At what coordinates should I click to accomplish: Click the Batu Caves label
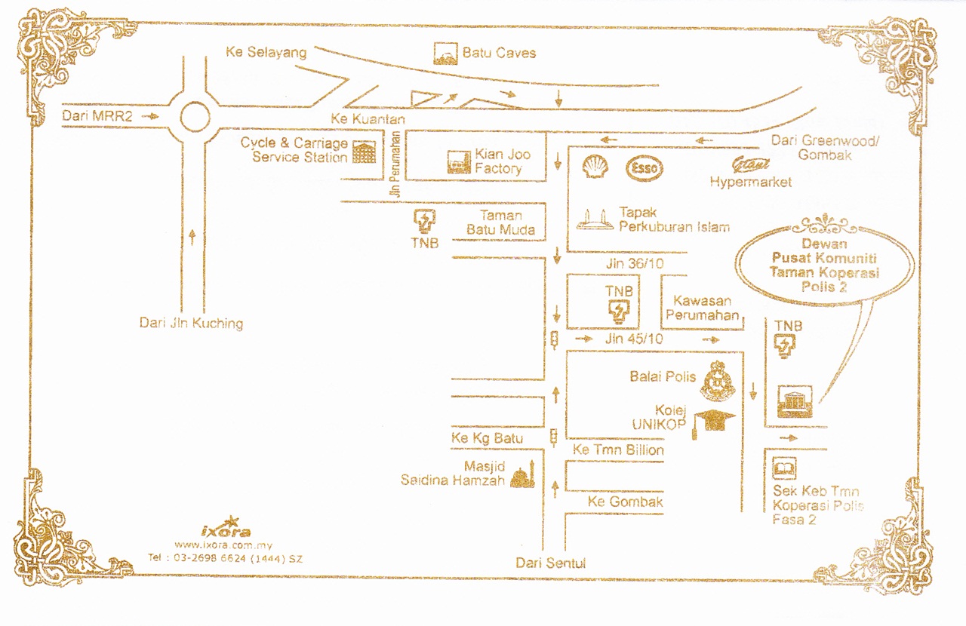499,53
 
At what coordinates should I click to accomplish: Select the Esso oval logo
645,168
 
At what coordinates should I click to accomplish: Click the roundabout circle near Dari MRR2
195,118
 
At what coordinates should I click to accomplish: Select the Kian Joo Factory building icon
458,162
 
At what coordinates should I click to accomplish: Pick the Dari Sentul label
550,563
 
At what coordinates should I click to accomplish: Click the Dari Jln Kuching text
191,323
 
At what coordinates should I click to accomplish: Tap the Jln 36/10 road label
634,264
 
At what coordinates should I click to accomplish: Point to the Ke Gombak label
625,502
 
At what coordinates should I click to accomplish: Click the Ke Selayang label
266,52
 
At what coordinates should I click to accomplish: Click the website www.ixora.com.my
223,545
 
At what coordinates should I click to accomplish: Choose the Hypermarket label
750,182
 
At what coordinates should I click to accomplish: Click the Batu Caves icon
445,54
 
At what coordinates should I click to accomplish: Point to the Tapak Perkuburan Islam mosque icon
595,219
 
